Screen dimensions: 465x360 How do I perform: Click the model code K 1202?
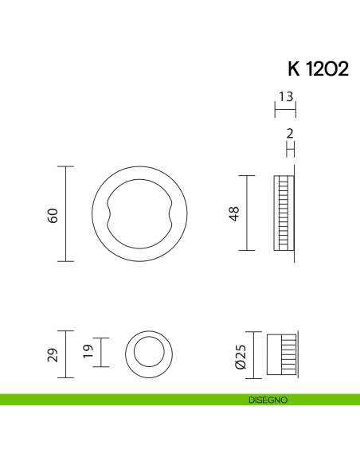[315, 68]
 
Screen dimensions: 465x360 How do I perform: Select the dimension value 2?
[291, 134]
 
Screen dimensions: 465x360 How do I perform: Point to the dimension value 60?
[53, 214]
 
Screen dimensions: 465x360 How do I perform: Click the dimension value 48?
[234, 213]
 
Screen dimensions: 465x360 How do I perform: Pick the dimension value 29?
[53, 354]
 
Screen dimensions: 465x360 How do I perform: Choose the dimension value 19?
[88, 350]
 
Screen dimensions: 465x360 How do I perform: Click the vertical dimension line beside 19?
[100, 350]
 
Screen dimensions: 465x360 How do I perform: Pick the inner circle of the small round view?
[148, 352]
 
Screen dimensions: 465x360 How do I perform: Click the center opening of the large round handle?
[139, 213]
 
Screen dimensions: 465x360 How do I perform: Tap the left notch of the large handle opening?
[106, 213]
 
